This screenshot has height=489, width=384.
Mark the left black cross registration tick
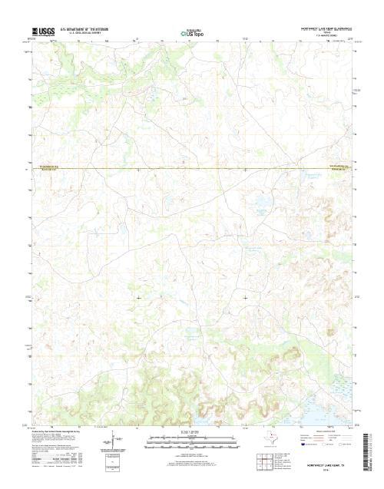point(139,297)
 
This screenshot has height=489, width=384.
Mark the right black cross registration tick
point(245,297)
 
